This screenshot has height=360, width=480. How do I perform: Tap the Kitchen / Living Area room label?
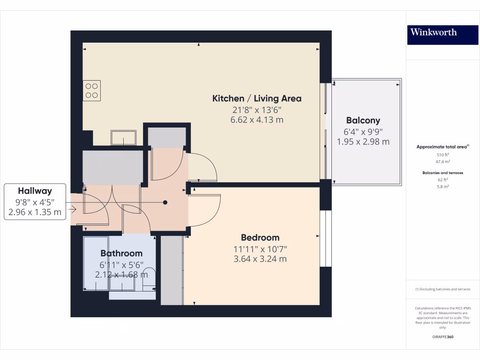tap(257, 98)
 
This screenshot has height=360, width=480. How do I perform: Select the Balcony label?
tap(363, 120)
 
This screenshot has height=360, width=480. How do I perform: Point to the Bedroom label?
tap(260, 238)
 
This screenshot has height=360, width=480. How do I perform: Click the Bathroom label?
tap(121, 254)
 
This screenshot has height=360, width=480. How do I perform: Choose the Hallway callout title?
tap(35, 191)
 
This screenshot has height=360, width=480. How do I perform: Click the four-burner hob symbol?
tap(92, 90)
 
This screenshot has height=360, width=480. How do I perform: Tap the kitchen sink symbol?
tap(123, 138)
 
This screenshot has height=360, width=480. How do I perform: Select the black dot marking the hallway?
tap(165, 202)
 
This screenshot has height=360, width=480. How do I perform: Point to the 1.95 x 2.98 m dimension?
tap(363, 142)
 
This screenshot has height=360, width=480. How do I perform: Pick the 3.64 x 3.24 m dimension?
tap(260, 259)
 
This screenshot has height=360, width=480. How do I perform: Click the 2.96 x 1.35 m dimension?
tap(35, 212)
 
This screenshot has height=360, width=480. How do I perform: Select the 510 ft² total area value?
tap(442, 154)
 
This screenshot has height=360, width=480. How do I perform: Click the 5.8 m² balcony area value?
tap(442, 186)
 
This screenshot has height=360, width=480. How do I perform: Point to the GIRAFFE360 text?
tap(442, 337)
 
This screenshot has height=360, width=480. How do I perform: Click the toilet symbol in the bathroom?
tap(149, 277)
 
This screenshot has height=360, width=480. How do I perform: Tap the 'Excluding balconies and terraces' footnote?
tap(442, 289)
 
